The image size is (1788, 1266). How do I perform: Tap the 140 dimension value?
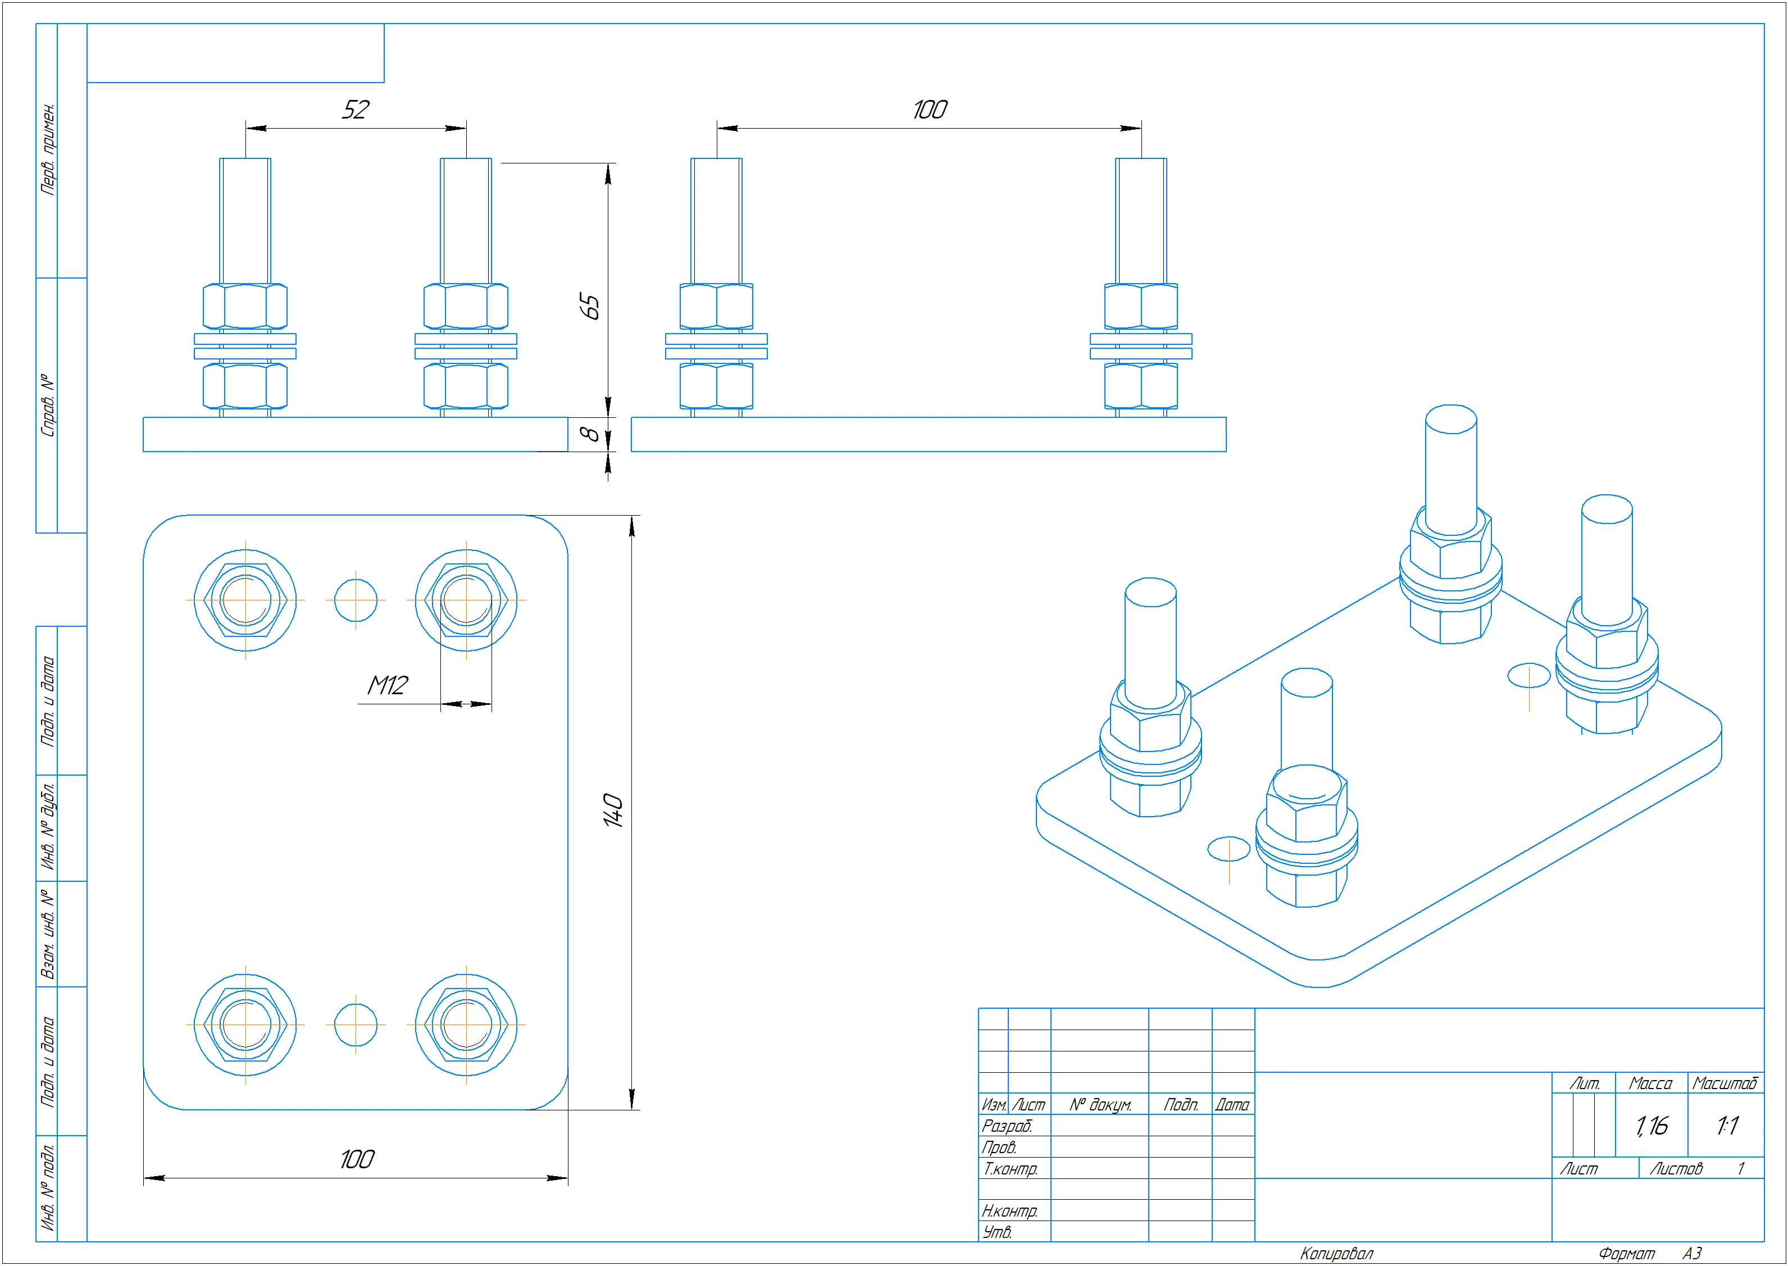[613, 810]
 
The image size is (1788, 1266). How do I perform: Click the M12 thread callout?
[388, 685]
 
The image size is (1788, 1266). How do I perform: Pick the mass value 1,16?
[1651, 1126]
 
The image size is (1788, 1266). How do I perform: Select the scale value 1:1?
[1726, 1126]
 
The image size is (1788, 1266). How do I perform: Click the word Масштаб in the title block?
[1725, 1083]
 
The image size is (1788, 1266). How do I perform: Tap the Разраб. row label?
[1007, 1126]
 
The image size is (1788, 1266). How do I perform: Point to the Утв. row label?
[998, 1232]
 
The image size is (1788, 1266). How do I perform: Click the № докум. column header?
[1100, 1105]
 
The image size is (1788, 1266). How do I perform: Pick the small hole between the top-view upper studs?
[356, 600]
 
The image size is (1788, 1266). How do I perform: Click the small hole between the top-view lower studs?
[356, 1025]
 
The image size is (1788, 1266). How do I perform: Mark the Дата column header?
[1232, 1105]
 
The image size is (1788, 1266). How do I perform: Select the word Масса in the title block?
[1650, 1083]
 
